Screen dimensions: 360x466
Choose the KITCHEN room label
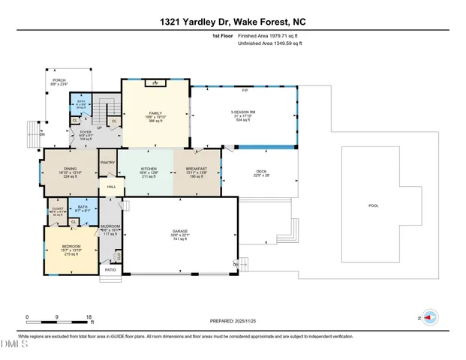pyautogui.click(x=148, y=170)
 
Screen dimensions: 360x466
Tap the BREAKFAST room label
pyautogui.click(x=197, y=170)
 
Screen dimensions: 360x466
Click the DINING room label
pyautogui.click(x=70, y=170)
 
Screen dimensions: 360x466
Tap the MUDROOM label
pyautogui.click(x=111, y=227)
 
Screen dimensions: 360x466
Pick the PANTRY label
pyautogui.click(x=108, y=162)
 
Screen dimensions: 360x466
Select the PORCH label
pyautogui.click(x=59, y=80)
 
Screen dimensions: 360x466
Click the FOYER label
pyautogui.click(x=86, y=132)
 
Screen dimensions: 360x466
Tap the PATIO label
pyautogui.click(x=110, y=270)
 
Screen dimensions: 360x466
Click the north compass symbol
pyautogui.click(x=429, y=317)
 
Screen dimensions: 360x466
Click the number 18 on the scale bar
pyautogui.click(x=89, y=317)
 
